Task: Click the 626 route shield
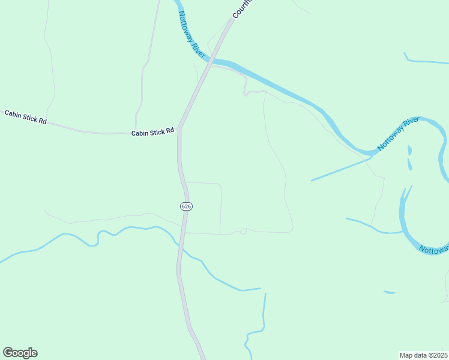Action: tap(186, 206)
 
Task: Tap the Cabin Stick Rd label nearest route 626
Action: tap(152, 131)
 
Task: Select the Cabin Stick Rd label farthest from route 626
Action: tap(25, 117)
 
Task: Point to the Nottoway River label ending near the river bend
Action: tap(397, 134)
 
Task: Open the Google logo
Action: tap(20, 353)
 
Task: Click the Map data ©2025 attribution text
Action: tap(423, 355)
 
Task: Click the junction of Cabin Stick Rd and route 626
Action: tap(179, 128)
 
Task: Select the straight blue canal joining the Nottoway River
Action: tap(339, 169)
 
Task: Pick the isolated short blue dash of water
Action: tap(389, 292)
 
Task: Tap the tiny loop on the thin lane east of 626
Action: tap(243, 232)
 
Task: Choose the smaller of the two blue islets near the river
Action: tap(409, 149)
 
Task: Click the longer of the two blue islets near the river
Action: tap(410, 164)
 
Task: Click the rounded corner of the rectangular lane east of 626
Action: tap(219, 185)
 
